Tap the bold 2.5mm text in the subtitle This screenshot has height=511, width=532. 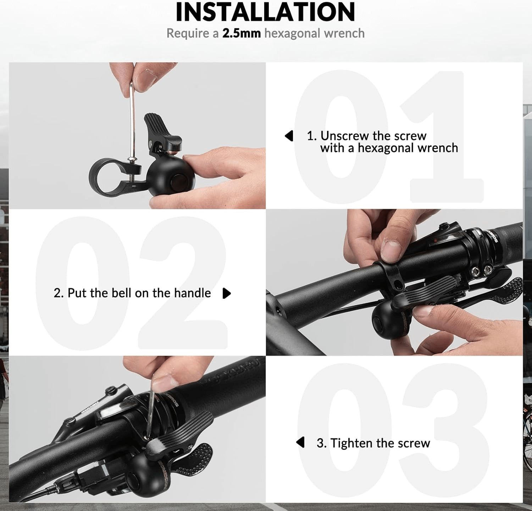(x=241, y=33)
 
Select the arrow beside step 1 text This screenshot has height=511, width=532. (x=289, y=136)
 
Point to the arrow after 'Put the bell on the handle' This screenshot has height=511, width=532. (x=227, y=293)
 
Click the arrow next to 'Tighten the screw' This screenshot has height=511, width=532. (x=300, y=442)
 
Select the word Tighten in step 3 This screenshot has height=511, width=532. (x=351, y=443)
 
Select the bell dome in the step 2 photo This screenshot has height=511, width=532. (x=385, y=321)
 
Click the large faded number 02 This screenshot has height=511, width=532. (x=131, y=283)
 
